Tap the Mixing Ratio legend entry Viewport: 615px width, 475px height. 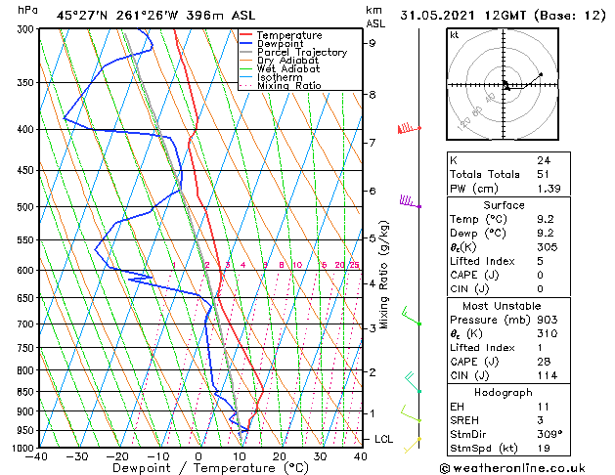coord(289,86)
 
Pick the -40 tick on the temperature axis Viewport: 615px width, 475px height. coord(38,455)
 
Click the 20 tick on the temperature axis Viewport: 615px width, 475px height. coord(280,455)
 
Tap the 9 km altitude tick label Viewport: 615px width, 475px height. coord(373,43)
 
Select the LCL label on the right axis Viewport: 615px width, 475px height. coord(384,440)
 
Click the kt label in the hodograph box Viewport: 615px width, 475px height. coord(455,34)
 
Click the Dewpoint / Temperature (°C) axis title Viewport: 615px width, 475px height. coord(198,468)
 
